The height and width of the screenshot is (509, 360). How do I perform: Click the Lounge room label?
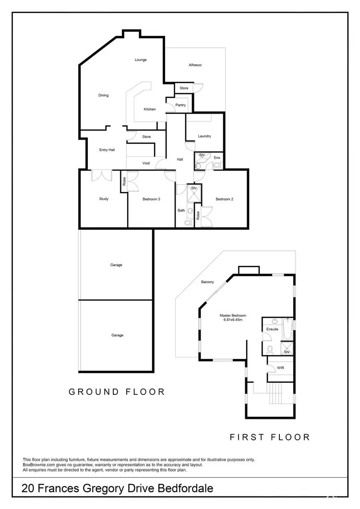coord(141,60)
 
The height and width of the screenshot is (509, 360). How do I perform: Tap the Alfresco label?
coord(194,65)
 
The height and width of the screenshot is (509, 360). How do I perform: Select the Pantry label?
coord(180,105)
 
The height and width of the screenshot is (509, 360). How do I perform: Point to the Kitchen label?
coord(150,109)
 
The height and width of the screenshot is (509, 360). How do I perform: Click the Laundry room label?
coord(204,136)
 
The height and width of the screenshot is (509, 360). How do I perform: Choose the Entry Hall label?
coord(107,150)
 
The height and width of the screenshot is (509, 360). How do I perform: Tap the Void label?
coord(146,164)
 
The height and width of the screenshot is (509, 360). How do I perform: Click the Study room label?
coord(104,199)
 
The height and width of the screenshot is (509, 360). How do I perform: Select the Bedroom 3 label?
coord(151,199)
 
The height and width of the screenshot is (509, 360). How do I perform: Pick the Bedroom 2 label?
coord(224,199)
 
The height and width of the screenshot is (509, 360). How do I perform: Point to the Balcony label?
coord(207,282)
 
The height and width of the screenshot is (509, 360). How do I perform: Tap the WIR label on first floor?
coord(280,368)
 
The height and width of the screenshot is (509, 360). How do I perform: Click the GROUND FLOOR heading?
coord(117,392)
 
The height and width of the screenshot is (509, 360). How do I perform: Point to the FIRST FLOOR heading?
coord(269,437)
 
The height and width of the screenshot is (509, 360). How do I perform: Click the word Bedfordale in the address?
coord(186,489)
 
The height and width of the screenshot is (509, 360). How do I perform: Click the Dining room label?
coord(104,95)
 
